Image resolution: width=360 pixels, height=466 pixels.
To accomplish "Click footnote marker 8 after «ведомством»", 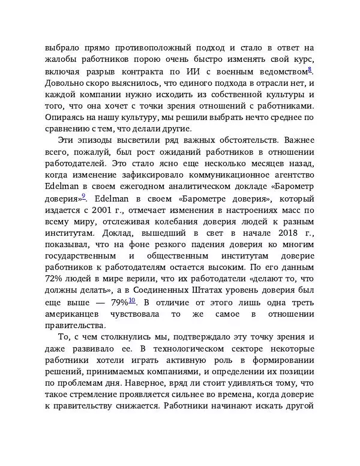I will coord(310,70).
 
